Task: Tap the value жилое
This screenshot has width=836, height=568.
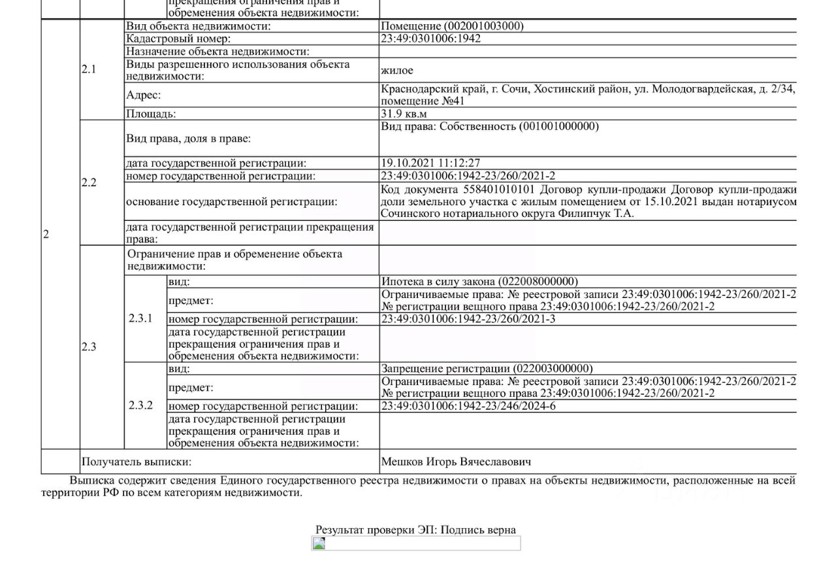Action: click(x=397, y=70)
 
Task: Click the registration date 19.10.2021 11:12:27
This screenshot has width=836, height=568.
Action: click(x=431, y=163)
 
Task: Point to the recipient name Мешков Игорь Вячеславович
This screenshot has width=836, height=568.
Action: click(x=456, y=461)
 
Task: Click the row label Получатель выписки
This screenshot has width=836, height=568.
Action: click(x=136, y=461)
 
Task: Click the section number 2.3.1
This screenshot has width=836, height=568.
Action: click(x=140, y=319)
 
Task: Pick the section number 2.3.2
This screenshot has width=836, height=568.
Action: click(x=140, y=405)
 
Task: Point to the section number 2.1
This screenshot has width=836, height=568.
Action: click(x=89, y=69)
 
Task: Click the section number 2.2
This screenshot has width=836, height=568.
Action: click(x=89, y=182)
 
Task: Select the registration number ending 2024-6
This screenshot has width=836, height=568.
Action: click(x=468, y=406)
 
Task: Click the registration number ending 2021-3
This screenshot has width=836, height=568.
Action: click(x=468, y=319)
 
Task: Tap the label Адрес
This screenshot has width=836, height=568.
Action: click(x=143, y=95)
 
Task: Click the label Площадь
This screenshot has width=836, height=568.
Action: click(x=151, y=114)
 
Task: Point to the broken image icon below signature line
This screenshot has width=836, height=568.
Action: click(x=319, y=543)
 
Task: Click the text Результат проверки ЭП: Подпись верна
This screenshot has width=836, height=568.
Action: click(x=415, y=529)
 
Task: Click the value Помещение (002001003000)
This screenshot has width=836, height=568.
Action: click(x=452, y=26)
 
